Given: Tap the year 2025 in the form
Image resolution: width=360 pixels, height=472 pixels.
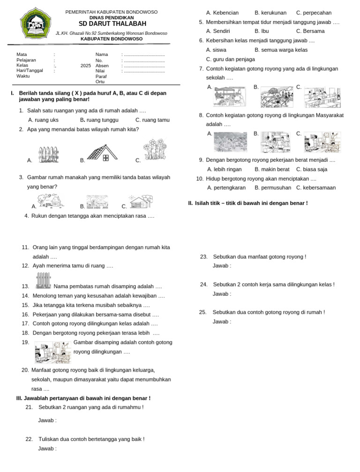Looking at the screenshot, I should click(85, 66).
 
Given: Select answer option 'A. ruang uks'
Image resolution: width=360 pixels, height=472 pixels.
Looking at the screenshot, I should click(43, 120).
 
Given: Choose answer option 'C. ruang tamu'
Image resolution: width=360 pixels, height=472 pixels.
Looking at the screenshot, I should click(155, 120).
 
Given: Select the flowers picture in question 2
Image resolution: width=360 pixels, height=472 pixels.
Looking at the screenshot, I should click(155, 149).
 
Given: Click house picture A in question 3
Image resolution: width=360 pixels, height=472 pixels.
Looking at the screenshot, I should click(52, 202).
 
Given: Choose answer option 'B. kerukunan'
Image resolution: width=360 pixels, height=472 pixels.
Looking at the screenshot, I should click(270, 13).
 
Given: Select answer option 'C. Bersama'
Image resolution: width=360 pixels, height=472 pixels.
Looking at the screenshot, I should click(311, 31).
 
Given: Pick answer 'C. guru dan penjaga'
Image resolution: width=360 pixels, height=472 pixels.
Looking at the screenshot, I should click(231, 59).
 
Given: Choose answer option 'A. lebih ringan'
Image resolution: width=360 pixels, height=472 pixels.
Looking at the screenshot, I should click(224, 169).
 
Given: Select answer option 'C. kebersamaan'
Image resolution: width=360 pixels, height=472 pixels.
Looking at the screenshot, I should click(316, 188).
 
